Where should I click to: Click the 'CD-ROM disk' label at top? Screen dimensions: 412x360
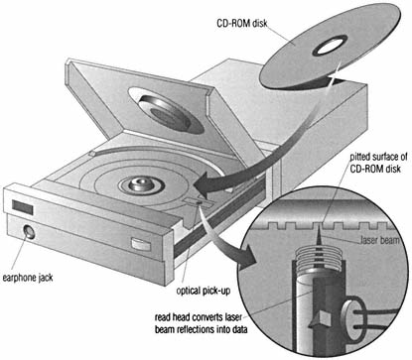pos(242,24)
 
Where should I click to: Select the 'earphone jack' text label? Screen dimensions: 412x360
pos(28,278)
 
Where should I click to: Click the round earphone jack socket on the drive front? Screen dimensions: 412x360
pos(29,232)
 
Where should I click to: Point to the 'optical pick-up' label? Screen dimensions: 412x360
pos(203,291)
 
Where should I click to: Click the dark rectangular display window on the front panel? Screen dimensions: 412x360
pos(23,207)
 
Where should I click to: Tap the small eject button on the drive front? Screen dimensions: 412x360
pos(141,244)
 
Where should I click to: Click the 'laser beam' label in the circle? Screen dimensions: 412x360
pos(379,240)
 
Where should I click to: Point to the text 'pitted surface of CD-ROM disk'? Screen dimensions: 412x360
pos(375,163)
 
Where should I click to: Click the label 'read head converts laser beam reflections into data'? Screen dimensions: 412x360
pos(201,323)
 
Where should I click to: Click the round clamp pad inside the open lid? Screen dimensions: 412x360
pos(166,112)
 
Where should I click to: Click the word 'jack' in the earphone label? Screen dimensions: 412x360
pos(44,278)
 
